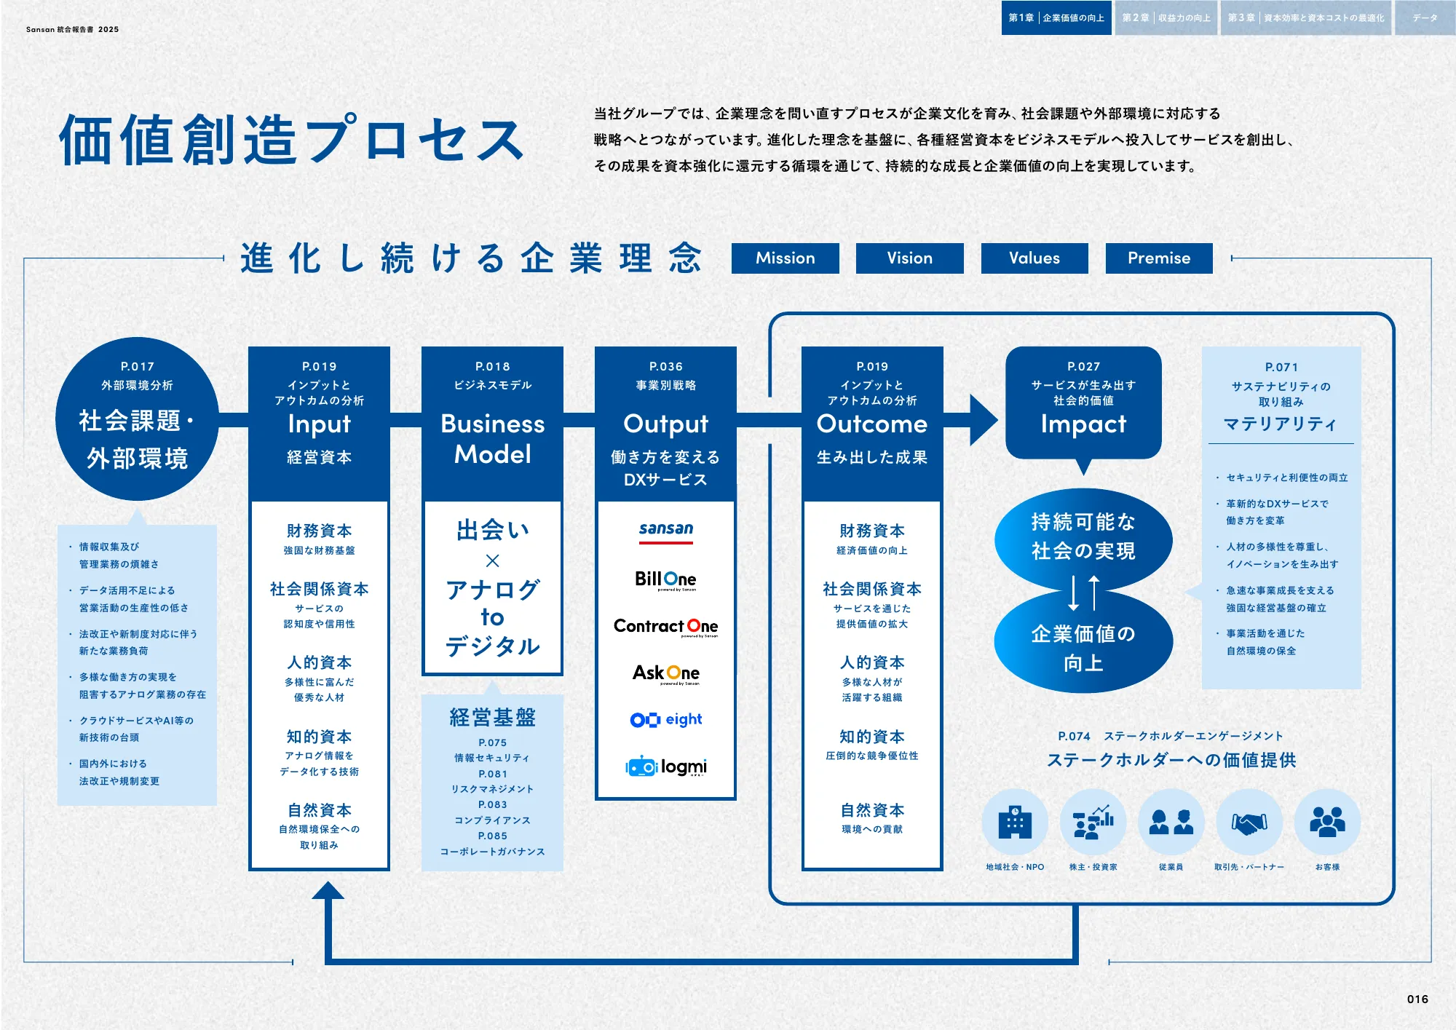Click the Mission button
[785, 258]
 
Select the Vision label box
[909, 258]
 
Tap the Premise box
[1158, 258]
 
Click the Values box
[1034, 258]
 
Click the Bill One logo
[665, 579]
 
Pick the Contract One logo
[665, 627]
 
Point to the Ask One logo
[665, 673]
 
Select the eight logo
[665, 720]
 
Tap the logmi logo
[665, 766]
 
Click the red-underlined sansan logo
[665, 530]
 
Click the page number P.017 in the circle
[137, 367]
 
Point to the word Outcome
[871, 424]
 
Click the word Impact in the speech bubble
[1083, 424]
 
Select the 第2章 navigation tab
[1166, 18]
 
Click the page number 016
[1417, 999]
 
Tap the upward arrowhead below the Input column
[328, 891]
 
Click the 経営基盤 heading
[492, 718]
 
